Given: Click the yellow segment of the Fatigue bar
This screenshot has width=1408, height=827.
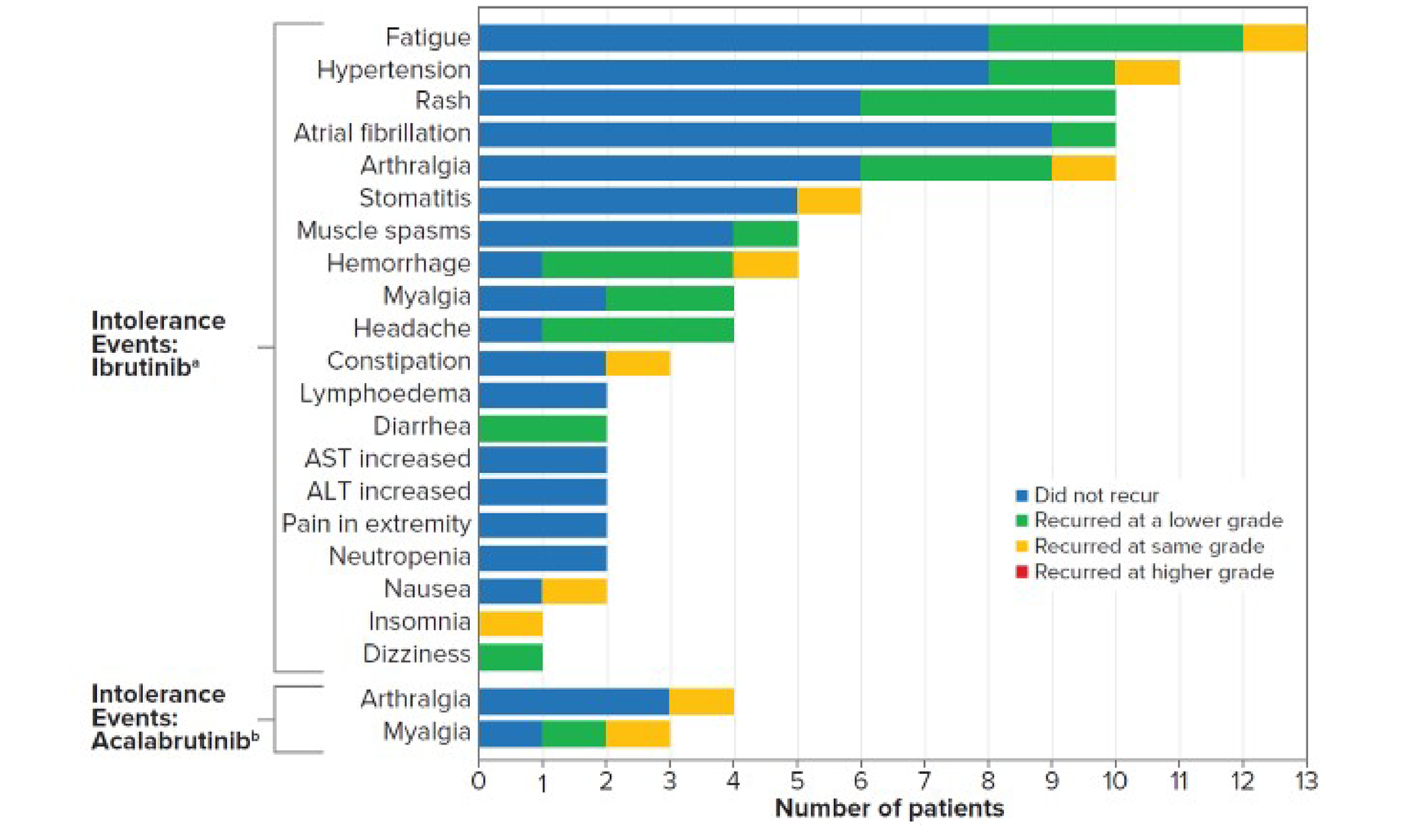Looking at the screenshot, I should (x=1274, y=38).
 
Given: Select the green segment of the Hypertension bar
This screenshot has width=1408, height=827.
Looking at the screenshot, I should (x=1051, y=72).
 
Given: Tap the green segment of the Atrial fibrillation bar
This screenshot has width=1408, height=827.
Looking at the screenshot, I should (x=1083, y=135).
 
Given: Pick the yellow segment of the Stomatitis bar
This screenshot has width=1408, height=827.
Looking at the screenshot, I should (x=829, y=201).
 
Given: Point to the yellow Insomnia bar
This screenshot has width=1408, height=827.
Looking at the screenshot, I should (x=510, y=623).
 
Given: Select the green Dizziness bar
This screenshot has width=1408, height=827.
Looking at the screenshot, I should (x=510, y=656).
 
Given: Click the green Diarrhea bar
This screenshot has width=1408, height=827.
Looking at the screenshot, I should (x=542, y=428).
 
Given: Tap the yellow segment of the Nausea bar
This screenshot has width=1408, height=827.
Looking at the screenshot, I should (x=574, y=591).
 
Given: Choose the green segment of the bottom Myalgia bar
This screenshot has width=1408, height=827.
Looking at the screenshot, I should (x=574, y=733).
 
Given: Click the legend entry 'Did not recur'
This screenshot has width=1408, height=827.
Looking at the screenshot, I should (x=1095, y=495).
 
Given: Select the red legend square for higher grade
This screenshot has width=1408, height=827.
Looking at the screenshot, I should (x=1022, y=572).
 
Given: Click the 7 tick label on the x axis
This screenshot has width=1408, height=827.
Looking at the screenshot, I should (x=924, y=782).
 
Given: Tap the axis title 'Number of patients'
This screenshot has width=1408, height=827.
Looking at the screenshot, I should (x=889, y=809).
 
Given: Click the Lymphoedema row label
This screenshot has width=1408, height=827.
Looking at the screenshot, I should (x=385, y=394).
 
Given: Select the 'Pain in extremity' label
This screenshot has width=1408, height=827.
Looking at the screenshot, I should (x=375, y=524).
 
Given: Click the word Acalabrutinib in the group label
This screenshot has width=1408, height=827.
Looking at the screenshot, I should (x=170, y=742).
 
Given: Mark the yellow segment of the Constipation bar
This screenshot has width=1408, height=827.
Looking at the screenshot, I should (x=638, y=363).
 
